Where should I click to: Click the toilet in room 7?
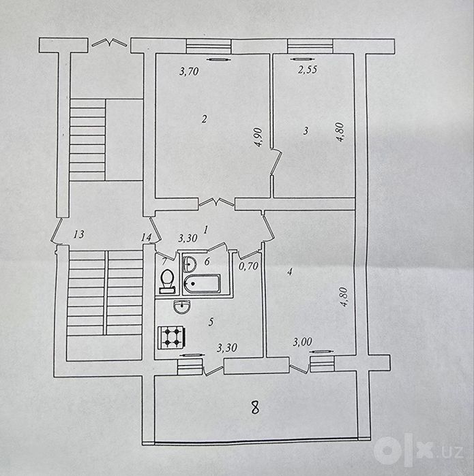pos(166,281)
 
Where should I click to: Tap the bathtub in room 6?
pos(202,283)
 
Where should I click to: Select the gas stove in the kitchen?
pos(171,338)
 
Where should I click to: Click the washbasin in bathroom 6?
pos(190,264)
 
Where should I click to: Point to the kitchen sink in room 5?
pos(182,306)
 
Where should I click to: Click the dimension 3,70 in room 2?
pos(189,72)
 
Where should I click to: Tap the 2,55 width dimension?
pos(308,70)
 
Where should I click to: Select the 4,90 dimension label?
pos(258,137)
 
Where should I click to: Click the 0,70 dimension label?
pos(248,266)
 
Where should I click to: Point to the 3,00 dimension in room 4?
pos(303,342)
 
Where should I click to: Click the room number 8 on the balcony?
pos(255,407)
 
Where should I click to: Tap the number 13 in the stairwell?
pos(78,234)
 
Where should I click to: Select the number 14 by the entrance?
pos(146,238)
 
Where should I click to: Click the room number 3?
pos(306,131)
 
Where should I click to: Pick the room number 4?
pos(290,272)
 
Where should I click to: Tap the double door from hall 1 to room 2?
pos(216,202)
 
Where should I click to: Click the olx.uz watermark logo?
pos(418,451)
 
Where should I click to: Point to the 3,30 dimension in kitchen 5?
pos(227,348)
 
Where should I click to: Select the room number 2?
pos(205,118)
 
